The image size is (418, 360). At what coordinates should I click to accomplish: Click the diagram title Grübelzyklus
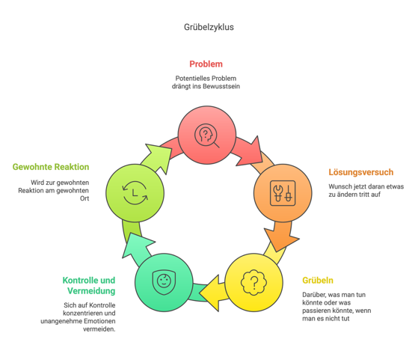[x=209, y=27]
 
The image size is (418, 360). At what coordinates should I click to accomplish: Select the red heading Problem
[x=206, y=64]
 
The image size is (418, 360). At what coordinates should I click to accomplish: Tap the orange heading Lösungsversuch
[x=361, y=172]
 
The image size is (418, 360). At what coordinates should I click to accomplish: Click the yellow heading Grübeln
[x=318, y=281]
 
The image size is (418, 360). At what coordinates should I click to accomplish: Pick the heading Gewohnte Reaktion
[x=51, y=167]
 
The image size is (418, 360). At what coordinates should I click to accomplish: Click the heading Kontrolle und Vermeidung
[x=89, y=286]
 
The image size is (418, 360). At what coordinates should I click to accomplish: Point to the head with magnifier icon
[x=206, y=135]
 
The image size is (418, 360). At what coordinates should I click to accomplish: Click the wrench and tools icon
[x=283, y=193]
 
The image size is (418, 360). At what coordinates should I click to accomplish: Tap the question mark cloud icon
[x=253, y=283]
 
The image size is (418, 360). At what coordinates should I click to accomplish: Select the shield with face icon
[x=164, y=283]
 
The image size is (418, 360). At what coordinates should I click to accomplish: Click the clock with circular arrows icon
[x=135, y=193]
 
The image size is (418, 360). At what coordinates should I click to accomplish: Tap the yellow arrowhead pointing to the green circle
[x=212, y=293]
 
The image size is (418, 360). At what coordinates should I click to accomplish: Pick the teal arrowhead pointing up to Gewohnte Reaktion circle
[x=137, y=245]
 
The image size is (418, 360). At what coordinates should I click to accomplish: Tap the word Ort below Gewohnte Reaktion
[x=84, y=198]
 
